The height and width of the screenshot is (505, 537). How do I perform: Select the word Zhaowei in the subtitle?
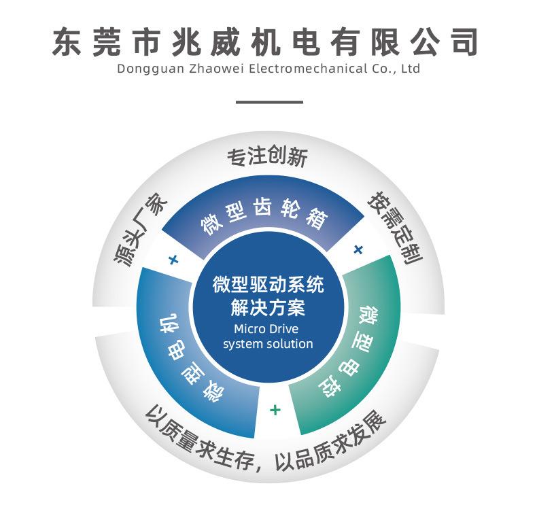tap(206, 69)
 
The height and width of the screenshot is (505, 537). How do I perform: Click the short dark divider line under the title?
tap(268, 102)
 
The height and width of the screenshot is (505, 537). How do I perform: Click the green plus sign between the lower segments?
tap(275, 410)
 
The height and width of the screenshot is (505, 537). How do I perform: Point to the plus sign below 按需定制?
tap(358, 249)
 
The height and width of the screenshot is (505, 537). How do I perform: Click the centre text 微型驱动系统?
tap(268, 284)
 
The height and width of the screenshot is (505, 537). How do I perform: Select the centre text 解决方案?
tap(268, 308)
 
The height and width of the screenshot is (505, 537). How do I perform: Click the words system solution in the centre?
tap(268, 344)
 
